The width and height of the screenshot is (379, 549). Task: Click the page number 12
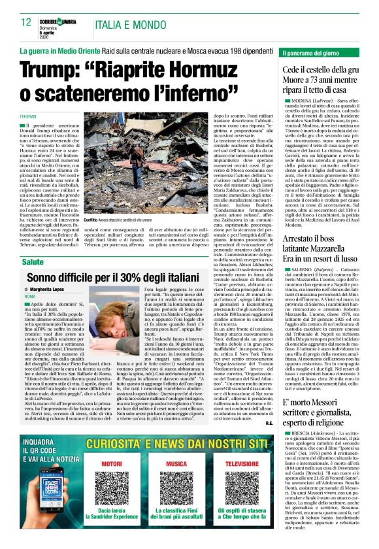[x=26, y=23]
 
